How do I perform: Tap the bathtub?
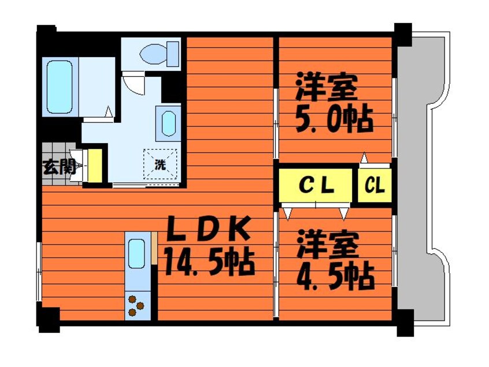[x=60, y=87]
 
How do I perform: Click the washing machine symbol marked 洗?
[x=160, y=164]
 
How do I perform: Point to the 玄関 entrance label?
[x=59, y=167]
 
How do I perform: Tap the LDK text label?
[x=209, y=230]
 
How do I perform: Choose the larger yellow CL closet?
[x=316, y=186]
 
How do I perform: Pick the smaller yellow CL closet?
[x=375, y=186]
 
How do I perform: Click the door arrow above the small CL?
[x=364, y=158]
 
